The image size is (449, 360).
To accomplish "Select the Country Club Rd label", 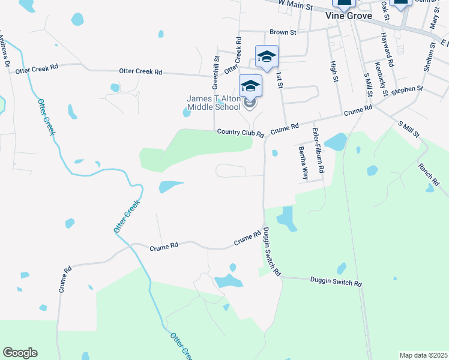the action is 240,133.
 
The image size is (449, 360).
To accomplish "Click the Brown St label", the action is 283,32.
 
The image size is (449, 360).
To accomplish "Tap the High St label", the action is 334,70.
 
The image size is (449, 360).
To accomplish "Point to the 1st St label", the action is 279,80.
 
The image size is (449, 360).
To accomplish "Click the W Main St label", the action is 297,5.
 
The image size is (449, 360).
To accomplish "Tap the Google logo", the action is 20,353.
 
